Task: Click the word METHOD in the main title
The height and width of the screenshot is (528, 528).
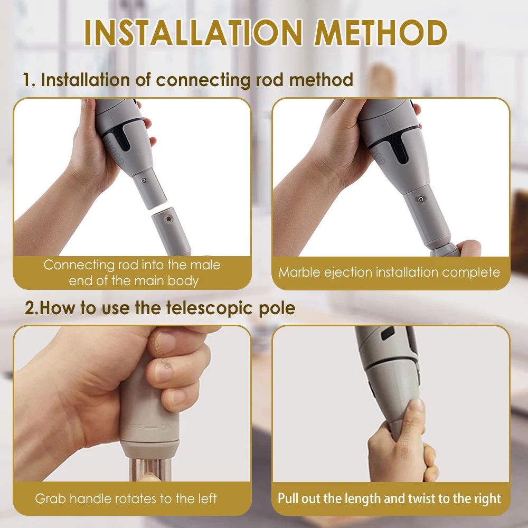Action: [381, 33]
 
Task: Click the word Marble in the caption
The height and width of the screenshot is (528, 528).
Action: [298, 272]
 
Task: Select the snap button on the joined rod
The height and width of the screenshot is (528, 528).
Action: [420, 199]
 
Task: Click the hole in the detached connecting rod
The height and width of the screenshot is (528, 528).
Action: [168, 218]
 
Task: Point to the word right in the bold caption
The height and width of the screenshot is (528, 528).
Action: [486, 498]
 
